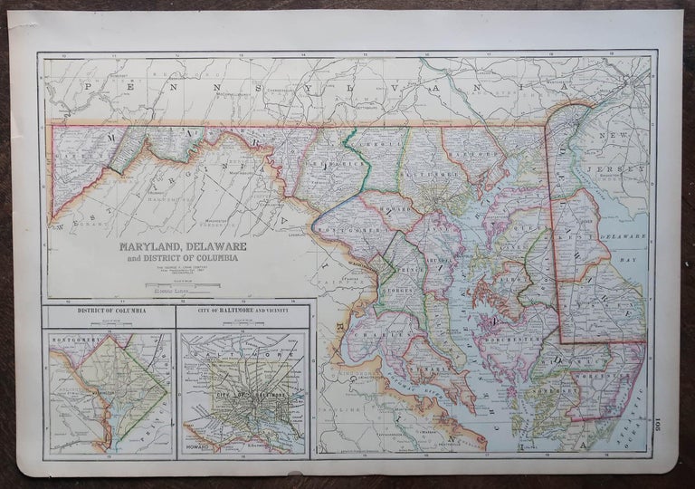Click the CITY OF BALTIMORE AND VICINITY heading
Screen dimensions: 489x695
tap(243, 313)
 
